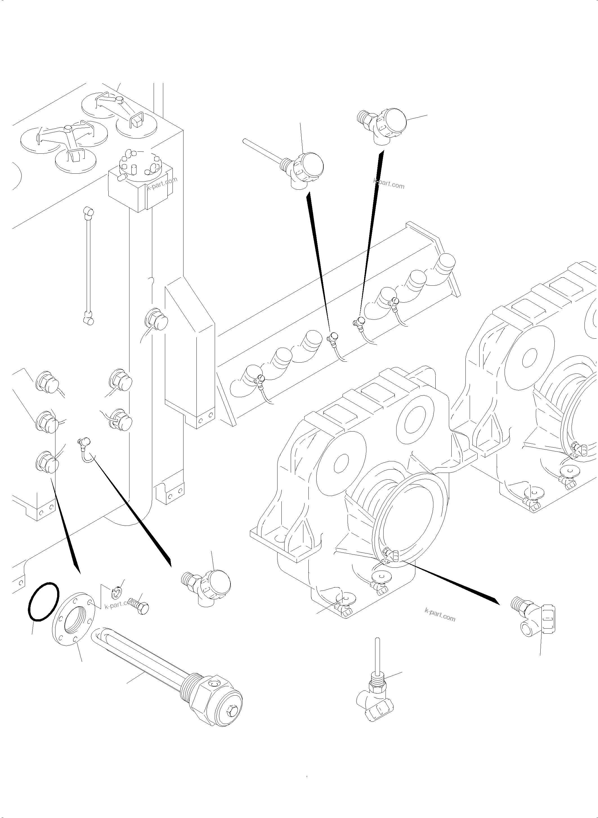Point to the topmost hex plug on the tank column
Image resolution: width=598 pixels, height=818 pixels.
coord(157,320)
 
